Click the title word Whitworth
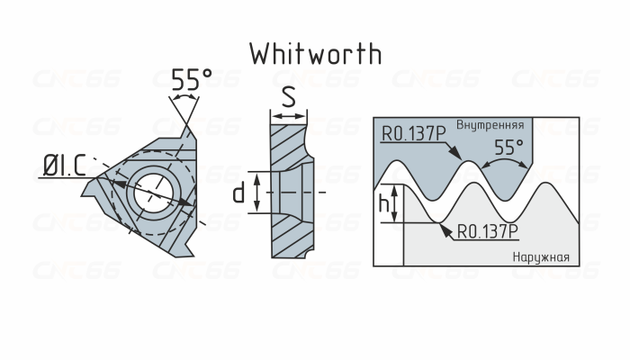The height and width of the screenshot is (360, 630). point(315,53)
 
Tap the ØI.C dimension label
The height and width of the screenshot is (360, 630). point(65,165)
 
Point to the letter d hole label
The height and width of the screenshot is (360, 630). point(239,193)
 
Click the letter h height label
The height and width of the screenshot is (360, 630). point(385,206)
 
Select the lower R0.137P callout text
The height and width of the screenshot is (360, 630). point(488,231)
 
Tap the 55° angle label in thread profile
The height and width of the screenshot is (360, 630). point(509,145)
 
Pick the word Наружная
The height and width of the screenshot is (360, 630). point(541,257)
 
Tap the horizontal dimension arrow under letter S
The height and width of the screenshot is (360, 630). point(288,114)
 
